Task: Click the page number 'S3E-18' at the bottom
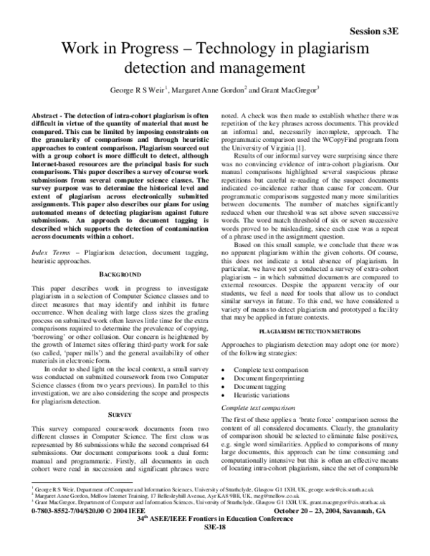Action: click(215, 547)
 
